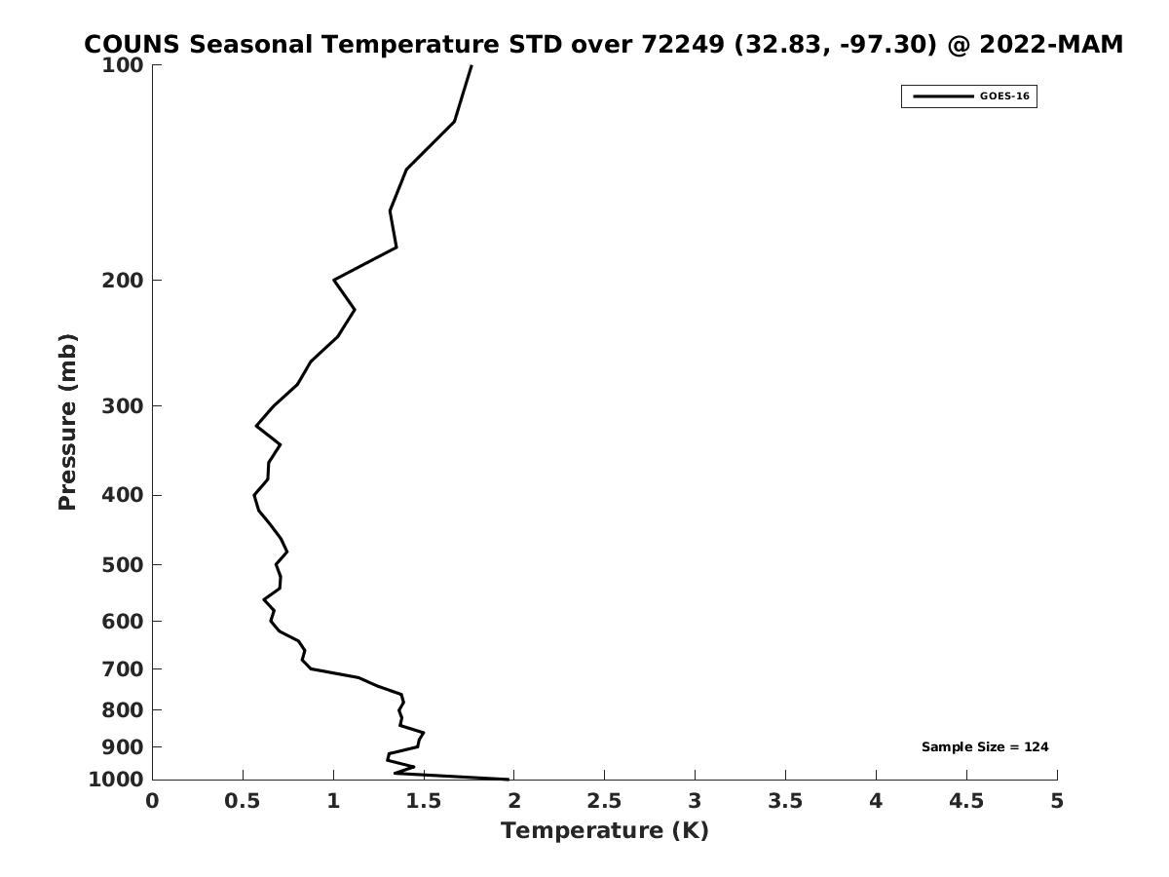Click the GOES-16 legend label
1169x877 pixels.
[1004, 96]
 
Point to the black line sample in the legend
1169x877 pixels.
[943, 96]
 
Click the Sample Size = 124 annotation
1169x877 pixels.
[985, 747]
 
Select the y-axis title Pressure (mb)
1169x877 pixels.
[67, 422]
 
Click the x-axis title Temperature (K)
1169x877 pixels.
[604, 831]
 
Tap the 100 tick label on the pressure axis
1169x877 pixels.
[124, 65]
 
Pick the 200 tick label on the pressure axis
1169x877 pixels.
[124, 281]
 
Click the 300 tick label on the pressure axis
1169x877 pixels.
[124, 406]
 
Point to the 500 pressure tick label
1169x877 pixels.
[124, 565]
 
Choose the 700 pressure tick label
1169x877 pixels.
[124, 669]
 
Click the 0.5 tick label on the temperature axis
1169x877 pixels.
[243, 801]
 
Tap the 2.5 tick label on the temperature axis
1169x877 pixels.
[604, 801]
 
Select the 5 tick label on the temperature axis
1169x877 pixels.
[1057, 801]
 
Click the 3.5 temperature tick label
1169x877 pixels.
[785, 801]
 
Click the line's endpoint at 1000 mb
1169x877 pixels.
[509, 779]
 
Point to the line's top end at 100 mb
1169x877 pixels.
[471, 65]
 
